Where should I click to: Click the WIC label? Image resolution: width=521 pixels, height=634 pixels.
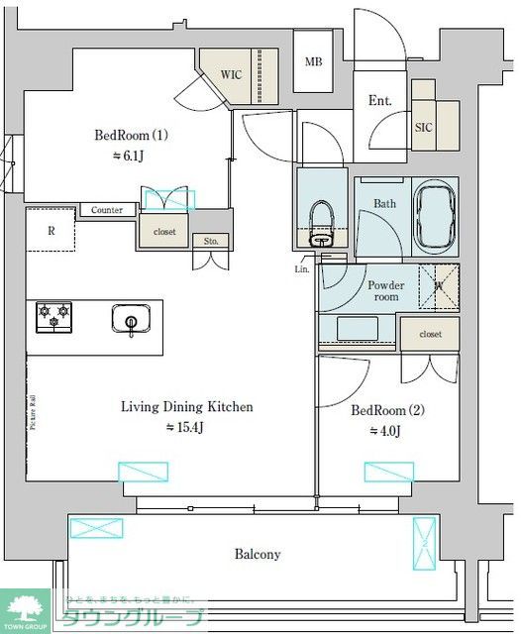pyautogui.click(x=231, y=74)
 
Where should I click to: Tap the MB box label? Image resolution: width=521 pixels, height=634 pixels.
pyautogui.click(x=313, y=62)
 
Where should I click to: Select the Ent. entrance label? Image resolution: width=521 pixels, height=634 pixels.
pyautogui.click(x=379, y=100)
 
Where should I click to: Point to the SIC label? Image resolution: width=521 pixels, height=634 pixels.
pyautogui.click(x=423, y=128)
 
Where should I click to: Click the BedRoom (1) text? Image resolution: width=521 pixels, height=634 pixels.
pyautogui.click(x=132, y=135)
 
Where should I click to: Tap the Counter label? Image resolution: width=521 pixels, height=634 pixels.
pyautogui.click(x=106, y=210)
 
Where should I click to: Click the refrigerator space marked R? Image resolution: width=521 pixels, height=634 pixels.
pyautogui.click(x=51, y=231)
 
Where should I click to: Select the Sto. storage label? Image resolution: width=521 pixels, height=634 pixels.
pyautogui.click(x=212, y=241)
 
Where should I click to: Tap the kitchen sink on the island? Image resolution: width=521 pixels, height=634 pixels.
pyautogui.click(x=129, y=321)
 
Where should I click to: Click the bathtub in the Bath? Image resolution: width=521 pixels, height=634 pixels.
pyautogui.click(x=436, y=213)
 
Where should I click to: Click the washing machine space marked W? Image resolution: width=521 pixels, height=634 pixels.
pyautogui.click(x=439, y=288)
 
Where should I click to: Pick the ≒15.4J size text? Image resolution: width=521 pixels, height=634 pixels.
pyautogui.click(x=184, y=427)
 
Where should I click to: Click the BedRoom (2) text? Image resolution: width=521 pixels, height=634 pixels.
pyautogui.click(x=388, y=409)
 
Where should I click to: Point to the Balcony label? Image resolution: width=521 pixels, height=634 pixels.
pyautogui.click(x=258, y=555)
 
